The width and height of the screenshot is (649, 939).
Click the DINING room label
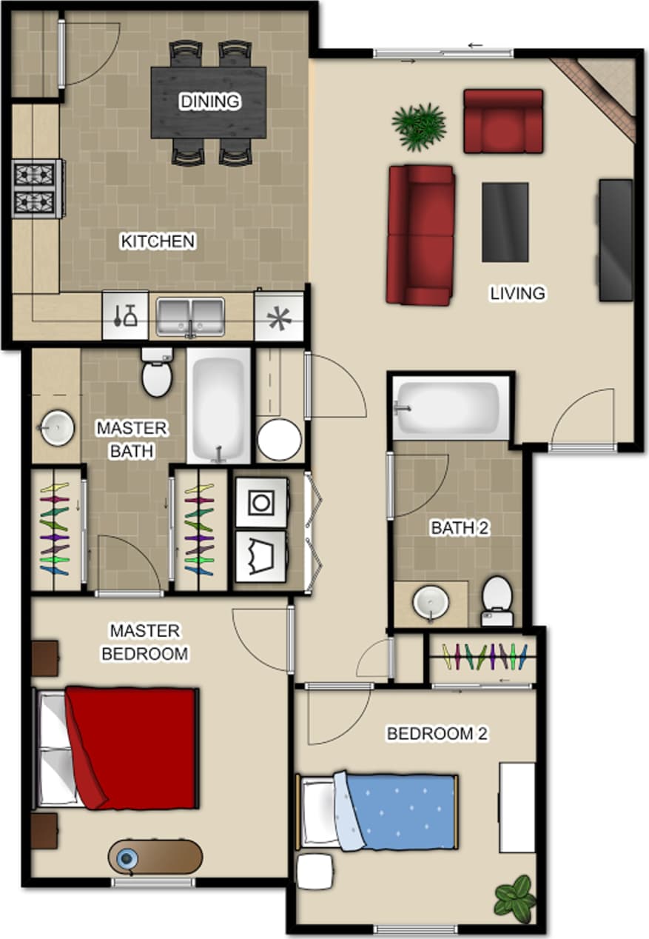click(x=210, y=101)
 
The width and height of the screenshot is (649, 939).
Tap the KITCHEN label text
click(x=158, y=241)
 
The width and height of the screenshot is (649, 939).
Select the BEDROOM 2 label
click(x=437, y=734)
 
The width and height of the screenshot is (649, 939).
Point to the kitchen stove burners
click(x=36, y=188)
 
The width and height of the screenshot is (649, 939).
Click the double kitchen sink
click(x=190, y=317)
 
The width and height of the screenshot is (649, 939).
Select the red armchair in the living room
click(x=503, y=121)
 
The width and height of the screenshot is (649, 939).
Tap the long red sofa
click(x=420, y=235)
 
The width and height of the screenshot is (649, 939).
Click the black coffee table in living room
click(x=505, y=222)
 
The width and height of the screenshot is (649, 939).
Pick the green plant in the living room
click(x=419, y=126)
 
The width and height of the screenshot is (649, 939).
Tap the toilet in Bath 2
click(x=497, y=601)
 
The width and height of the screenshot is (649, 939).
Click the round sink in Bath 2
click(x=431, y=603)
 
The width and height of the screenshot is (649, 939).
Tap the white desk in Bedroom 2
click(x=517, y=807)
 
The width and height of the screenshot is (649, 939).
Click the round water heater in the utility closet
click(x=279, y=439)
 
